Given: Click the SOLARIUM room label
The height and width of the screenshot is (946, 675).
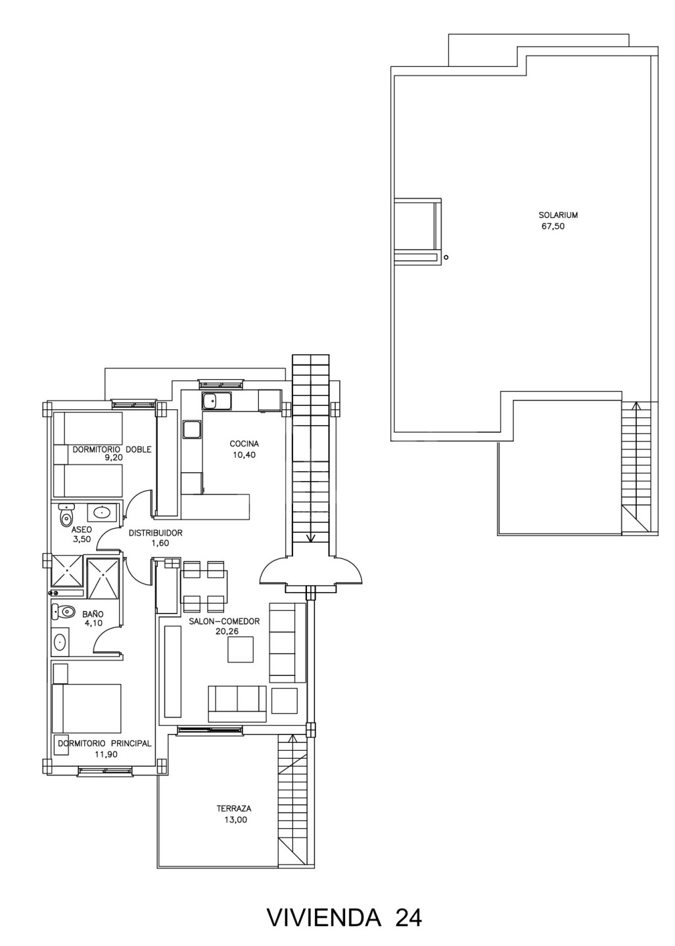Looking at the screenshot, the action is (557, 215).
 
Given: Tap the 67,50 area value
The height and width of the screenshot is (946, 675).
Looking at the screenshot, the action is (553, 226).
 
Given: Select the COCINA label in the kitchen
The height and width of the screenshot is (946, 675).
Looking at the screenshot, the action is (244, 444).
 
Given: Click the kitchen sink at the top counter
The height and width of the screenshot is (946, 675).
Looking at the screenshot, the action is (216, 401).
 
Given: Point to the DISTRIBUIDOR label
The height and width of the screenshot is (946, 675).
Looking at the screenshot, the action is (156, 533).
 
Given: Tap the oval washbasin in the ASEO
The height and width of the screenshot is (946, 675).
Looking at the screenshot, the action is (101, 512).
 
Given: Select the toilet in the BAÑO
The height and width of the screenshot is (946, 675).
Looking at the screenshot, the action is (62, 610).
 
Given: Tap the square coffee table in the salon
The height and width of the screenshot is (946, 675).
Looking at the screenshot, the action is (241, 650).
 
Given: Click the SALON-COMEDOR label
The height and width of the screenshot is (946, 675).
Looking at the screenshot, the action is (224, 621).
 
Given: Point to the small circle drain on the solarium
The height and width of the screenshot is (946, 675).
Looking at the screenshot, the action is (446, 257).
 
